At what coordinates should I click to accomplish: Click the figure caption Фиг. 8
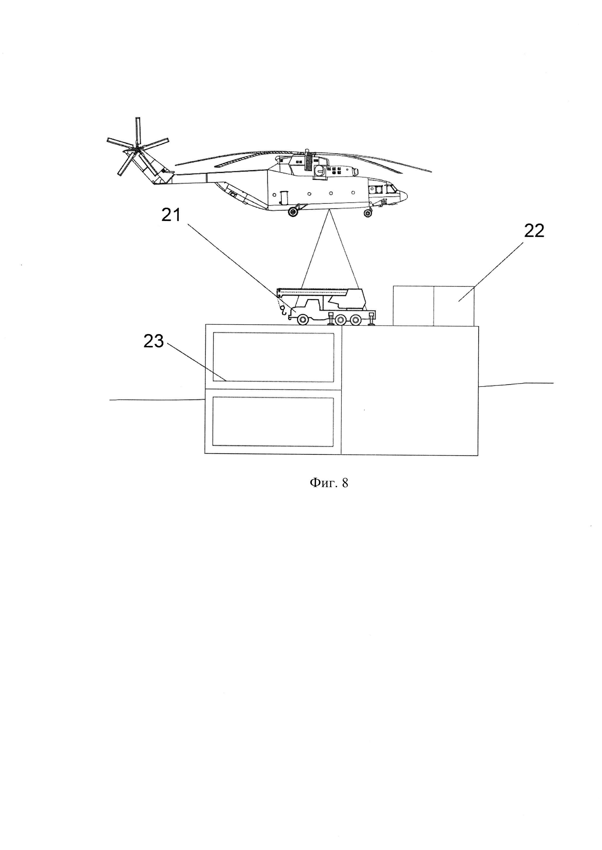[329, 483]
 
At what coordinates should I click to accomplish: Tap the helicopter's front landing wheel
[368, 213]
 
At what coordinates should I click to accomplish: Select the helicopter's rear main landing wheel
[293, 212]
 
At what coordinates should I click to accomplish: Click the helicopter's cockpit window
[391, 190]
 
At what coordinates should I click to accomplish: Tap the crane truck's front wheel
[303, 319]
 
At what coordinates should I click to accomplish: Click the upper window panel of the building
[273, 357]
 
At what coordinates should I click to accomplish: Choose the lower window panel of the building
[273, 422]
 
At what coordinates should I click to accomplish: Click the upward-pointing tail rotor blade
[138, 131]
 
